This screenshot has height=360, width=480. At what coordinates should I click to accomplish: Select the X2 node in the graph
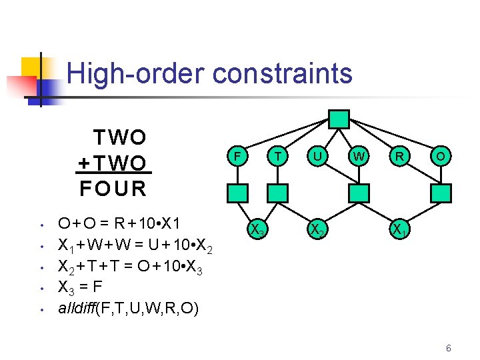(x=318, y=230)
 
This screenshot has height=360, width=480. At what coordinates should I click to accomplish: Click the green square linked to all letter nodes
(x=339, y=119)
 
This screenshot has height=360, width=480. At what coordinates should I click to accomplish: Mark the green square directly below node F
(x=237, y=193)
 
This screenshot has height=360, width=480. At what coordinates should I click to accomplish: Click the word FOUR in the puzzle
(x=113, y=189)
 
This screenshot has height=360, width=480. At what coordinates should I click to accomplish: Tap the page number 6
(x=449, y=348)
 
